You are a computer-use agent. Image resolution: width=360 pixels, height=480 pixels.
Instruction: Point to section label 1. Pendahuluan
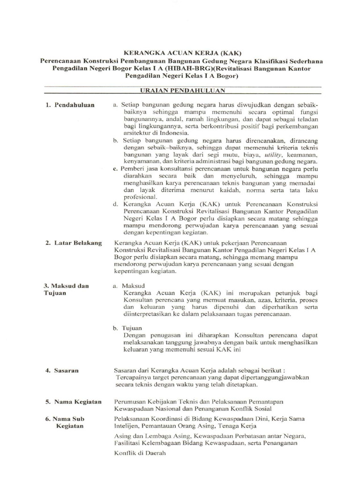70,105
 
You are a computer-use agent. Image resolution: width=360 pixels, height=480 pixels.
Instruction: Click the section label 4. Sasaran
62,370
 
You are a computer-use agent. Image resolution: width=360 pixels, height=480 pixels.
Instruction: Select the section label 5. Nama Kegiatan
73,402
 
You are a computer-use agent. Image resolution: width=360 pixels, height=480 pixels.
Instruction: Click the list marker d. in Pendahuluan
115,204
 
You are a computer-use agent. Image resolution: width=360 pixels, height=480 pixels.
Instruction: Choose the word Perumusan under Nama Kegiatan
131,402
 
